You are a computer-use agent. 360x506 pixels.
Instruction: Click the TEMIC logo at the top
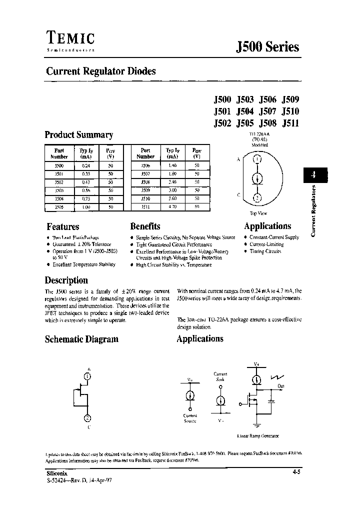point(70,38)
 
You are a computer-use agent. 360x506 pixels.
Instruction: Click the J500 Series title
point(267,47)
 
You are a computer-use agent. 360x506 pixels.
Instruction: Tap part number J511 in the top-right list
point(290,124)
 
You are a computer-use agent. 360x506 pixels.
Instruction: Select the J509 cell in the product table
point(145,190)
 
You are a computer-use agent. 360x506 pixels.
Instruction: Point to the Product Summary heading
point(79,135)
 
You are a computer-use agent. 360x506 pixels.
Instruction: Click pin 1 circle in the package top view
point(257,159)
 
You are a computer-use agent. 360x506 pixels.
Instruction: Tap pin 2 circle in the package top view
point(257,197)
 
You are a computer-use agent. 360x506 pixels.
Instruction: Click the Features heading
point(62,226)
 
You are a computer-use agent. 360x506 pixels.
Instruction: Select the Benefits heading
point(145,226)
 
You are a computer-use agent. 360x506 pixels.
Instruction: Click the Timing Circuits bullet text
point(265,251)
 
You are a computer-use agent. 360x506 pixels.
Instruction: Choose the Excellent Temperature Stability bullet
point(83,264)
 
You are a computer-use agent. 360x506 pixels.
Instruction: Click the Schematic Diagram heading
point(81,339)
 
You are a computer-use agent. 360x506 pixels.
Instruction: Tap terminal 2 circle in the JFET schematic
point(87,418)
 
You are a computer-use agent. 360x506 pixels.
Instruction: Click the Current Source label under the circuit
point(190,418)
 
